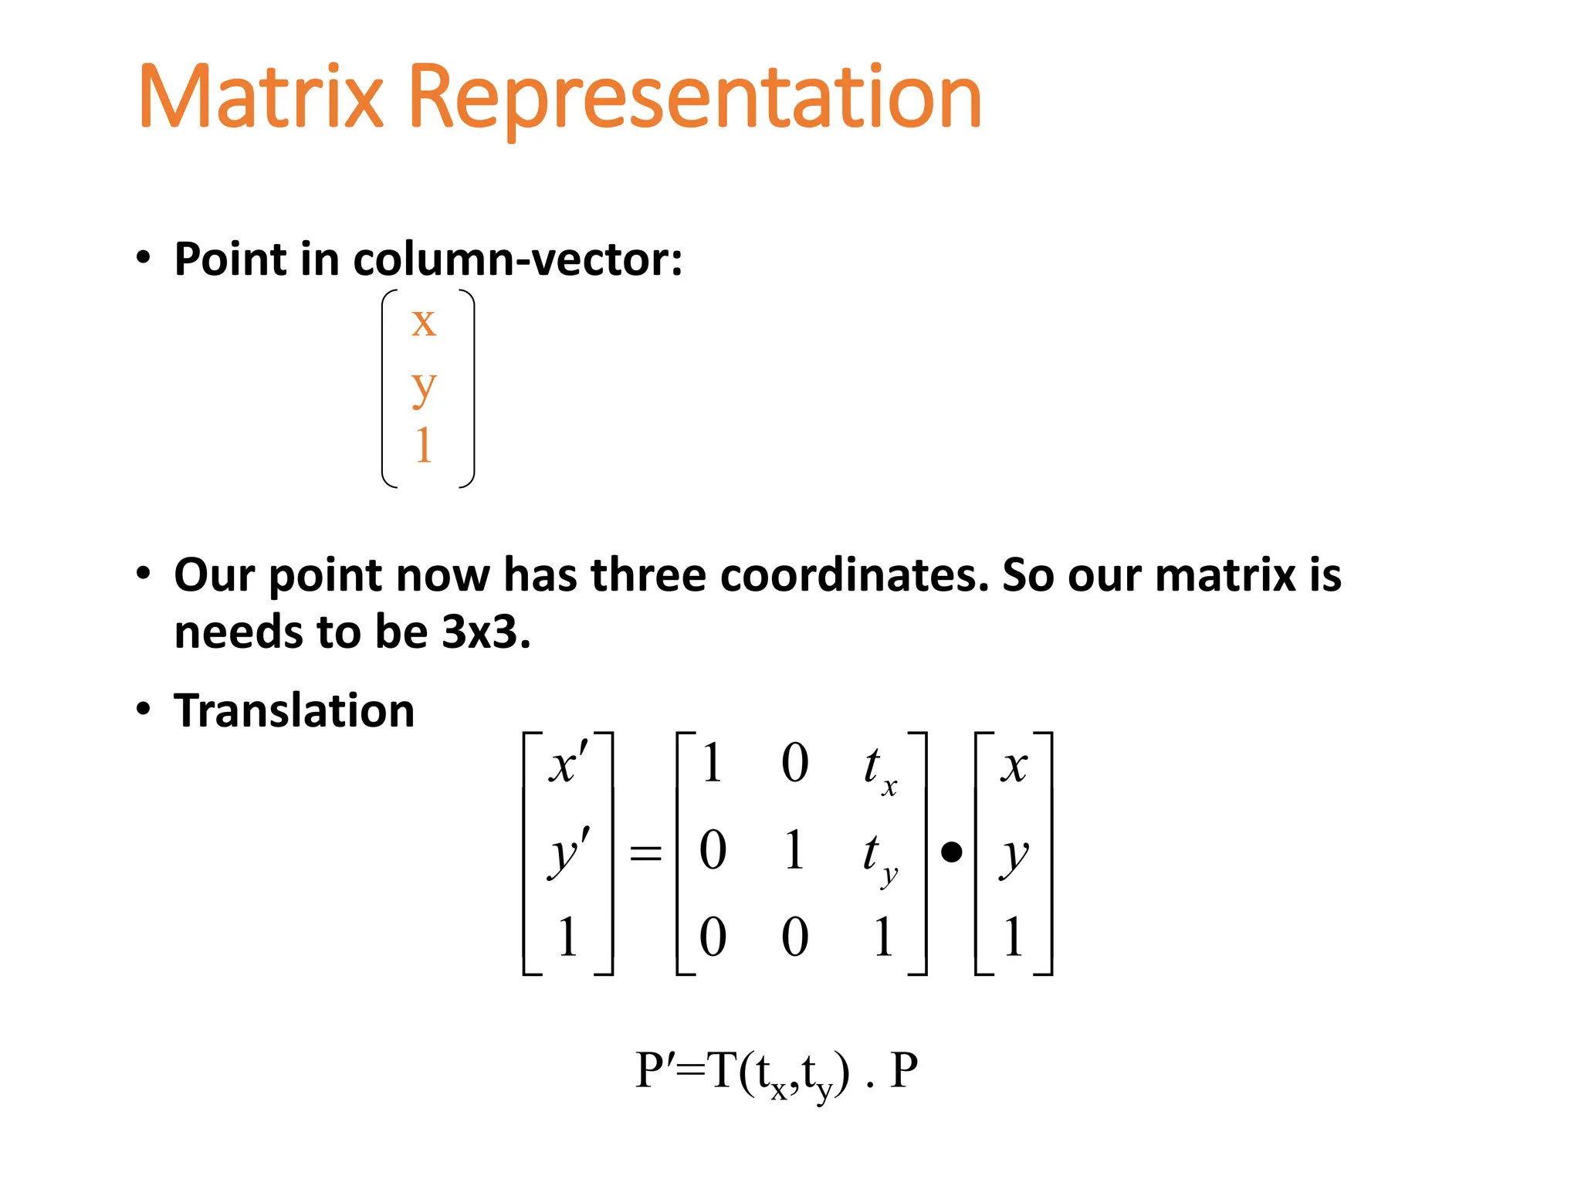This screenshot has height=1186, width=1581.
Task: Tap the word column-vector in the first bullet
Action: tap(516, 259)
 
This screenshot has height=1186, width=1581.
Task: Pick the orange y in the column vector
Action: tap(424, 386)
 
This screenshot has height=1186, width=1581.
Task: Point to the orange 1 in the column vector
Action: tap(423, 446)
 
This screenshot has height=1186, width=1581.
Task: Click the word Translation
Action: tap(294, 710)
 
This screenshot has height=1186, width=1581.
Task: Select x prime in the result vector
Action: tap(568, 765)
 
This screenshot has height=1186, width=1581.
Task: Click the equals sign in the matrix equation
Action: tap(646, 854)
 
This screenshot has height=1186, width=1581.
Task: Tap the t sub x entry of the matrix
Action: tap(879, 768)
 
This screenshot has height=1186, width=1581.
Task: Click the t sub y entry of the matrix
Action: tap(879, 857)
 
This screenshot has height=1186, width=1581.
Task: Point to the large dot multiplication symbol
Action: tap(952, 852)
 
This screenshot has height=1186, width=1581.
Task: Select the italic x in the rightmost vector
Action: tap(1014, 766)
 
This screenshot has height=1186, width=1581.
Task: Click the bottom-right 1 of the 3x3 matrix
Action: tap(883, 937)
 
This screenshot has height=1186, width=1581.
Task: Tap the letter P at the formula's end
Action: tap(904, 1071)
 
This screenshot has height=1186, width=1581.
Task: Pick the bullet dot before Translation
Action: tap(144, 709)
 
